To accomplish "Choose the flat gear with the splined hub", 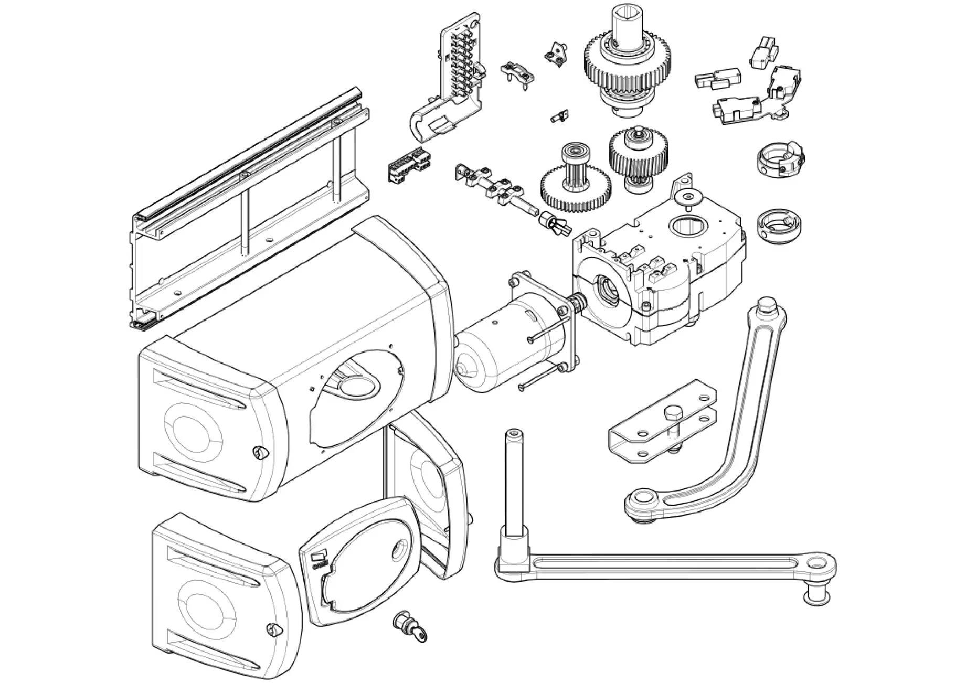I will pos(575,185).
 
